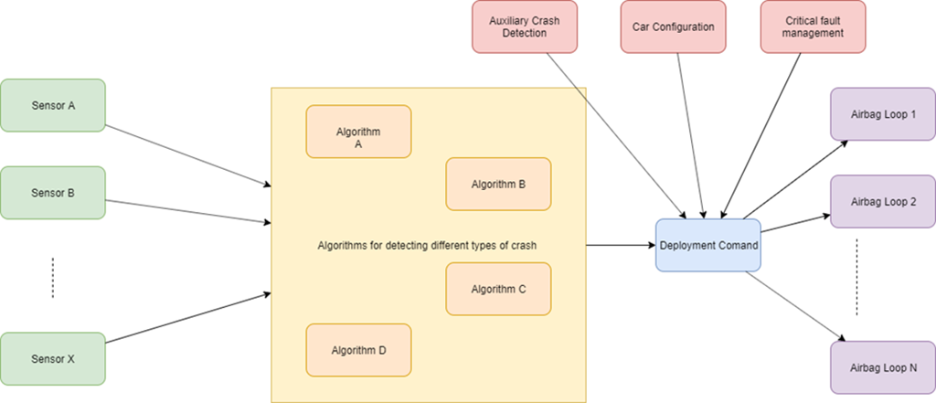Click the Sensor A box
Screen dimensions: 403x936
53,105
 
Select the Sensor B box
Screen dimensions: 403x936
53,193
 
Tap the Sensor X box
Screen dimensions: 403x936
53,359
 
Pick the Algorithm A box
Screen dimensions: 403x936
358,132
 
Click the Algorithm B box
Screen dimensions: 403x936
498,184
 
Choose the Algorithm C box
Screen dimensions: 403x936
498,289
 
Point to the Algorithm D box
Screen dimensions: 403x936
358,349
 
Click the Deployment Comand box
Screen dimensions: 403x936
708,245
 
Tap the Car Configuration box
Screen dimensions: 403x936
673,27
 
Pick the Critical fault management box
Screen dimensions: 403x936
814,27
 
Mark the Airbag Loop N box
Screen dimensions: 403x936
883,367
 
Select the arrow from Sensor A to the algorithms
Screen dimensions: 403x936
188,154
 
